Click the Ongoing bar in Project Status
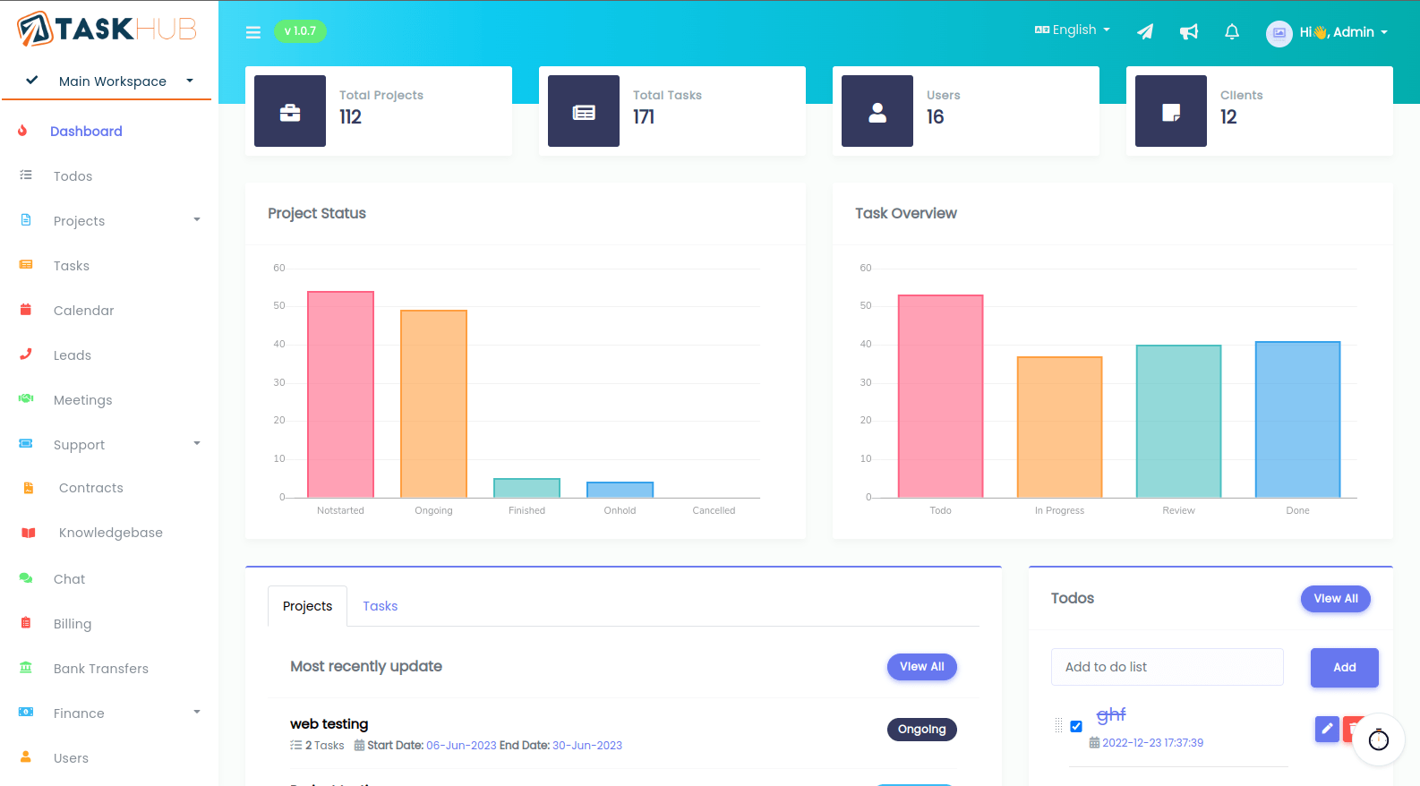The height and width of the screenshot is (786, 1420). [x=433, y=404]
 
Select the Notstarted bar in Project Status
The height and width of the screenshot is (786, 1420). [x=340, y=395]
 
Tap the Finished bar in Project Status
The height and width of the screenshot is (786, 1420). [x=526, y=488]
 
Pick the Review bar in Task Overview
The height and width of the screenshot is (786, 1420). [x=1178, y=421]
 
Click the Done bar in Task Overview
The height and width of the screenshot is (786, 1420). [x=1297, y=419]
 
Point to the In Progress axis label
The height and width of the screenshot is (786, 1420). [x=1059, y=510]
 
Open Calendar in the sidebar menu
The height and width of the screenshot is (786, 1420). [x=83, y=311]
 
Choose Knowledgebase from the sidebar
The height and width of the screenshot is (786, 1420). [x=110, y=533]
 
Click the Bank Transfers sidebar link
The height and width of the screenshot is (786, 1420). [x=100, y=669]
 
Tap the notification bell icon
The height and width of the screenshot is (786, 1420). [x=1232, y=32]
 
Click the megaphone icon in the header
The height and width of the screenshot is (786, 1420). [x=1189, y=32]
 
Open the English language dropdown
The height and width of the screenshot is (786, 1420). [x=1073, y=30]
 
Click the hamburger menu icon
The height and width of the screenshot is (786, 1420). [x=253, y=32]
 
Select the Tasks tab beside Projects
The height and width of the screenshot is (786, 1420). [x=380, y=606]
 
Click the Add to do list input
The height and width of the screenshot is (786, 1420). [x=1167, y=667]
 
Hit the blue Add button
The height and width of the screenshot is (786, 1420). [x=1344, y=668]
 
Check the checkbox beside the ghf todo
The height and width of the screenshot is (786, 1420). [x=1076, y=726]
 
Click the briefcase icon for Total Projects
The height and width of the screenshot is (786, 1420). [x=290, y=112]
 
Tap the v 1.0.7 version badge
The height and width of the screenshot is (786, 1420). [x=300, y=31]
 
